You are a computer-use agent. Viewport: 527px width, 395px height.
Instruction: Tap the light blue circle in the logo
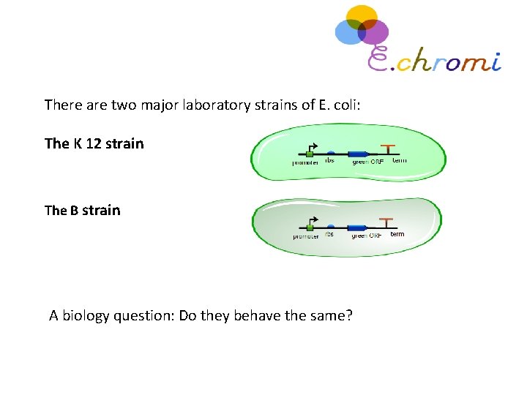pyautogui.click(x=348, y=32)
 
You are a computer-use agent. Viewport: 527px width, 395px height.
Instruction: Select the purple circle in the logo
pyautogui.click(x=375, y=32)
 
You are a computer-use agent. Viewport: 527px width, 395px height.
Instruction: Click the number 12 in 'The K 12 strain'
pyautogui.click(x=93, y=143)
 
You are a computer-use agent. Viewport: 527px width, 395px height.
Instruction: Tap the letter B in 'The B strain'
pyautogui.click(x=74, y=211)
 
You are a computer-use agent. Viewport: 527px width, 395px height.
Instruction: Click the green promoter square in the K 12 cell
pyautogui.click(x=310, y=154)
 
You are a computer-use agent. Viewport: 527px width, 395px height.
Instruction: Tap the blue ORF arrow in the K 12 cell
pyautogui.click(x=358, y=154)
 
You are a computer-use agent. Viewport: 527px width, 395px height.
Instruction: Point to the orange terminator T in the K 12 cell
pyautogui.click(x=387, y=148)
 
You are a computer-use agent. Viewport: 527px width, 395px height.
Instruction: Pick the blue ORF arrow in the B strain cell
pyautogui.click(x=358, y=227)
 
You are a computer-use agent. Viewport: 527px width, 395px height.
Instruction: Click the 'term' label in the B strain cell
pyautogui.click(x=397, y=234)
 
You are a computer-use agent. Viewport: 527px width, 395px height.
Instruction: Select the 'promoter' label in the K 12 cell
pyautogui.click(x=305, y=163)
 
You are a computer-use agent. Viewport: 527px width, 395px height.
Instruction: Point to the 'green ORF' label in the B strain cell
pyautogui.click(x=367, y=236)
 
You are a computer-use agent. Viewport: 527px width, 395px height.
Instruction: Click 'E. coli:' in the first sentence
pyautogui.click(x=340, y=105)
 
